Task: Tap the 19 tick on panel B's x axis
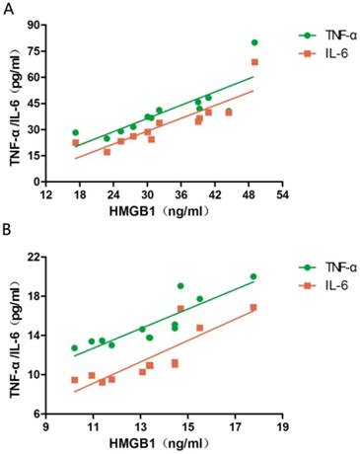(x=282, y=426)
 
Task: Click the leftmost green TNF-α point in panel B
(x=74, y=347)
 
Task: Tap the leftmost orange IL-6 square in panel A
(x=75, y=142)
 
